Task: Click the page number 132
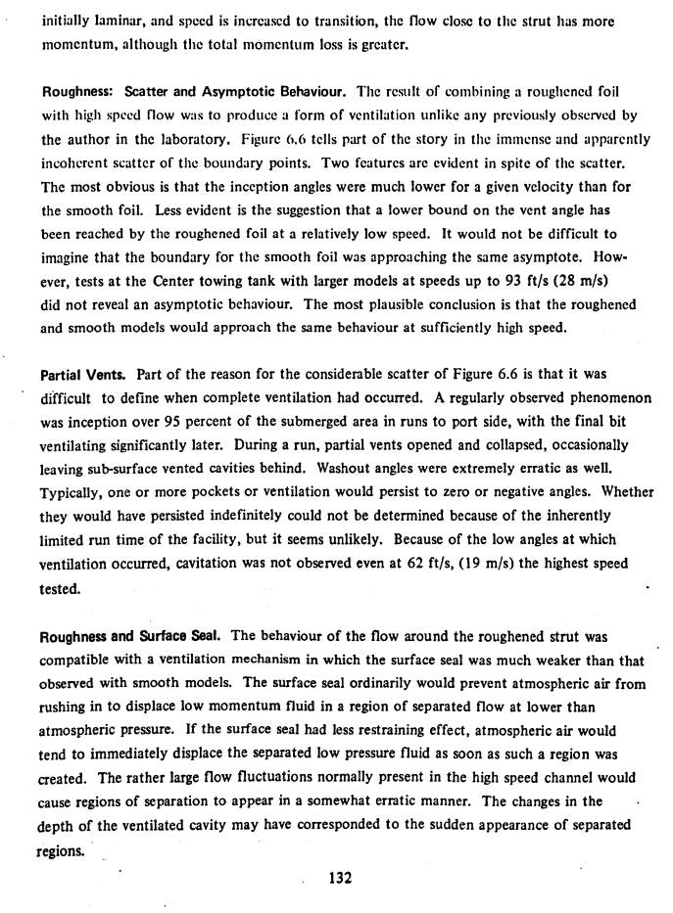(340, 877)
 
